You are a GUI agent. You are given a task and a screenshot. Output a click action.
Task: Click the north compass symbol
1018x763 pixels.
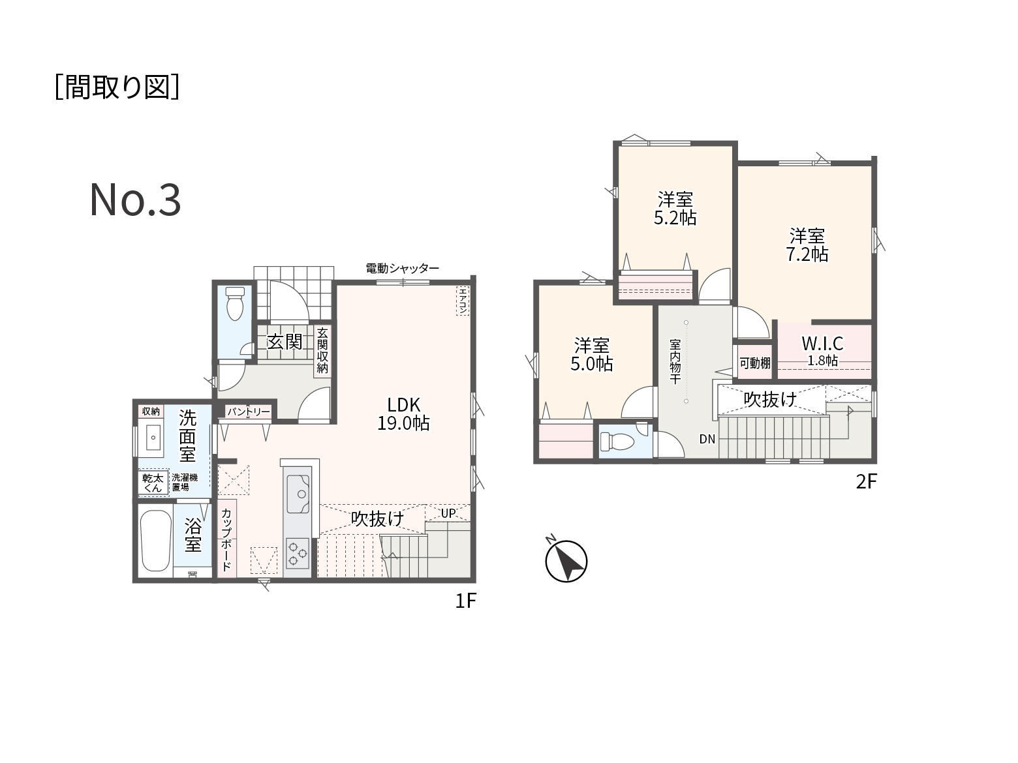pyautogui.click(x=566, y=561)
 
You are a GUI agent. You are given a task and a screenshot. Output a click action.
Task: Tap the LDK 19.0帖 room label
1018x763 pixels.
pyautogui.click(x=403, y=414)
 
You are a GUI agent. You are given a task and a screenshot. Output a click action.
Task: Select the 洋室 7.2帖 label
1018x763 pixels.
pyautogui.click(x=807, y=245)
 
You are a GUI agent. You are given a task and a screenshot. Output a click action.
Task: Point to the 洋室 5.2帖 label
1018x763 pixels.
pyautogui.click(x=675, y=209)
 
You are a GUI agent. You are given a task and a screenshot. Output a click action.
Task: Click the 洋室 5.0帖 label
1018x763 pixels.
pyautogui.click(x=592, y=355)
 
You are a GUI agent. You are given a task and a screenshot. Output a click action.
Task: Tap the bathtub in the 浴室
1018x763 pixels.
pyautogui.click(x=157, y=541)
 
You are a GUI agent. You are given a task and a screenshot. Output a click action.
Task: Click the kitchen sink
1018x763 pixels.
pyautogui.click(x=298, y=494)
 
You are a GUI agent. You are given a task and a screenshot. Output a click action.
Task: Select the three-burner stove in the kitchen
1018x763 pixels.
pyautogui.click(x=298, y=553)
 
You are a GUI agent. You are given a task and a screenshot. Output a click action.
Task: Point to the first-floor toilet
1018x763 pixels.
pyautogui.click(x=235, y=303)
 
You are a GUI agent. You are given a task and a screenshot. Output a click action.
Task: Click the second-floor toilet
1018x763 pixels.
pyautogui.click(x=617, y=441)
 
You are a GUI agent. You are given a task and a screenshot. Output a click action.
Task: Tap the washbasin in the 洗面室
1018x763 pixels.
pyautogui.click(x=153, y=438)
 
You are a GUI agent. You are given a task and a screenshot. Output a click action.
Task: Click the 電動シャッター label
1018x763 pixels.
pyautogui.click(x=402, y=268)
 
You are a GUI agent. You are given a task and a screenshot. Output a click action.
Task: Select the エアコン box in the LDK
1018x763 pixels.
pyautogui.click(x=463, y=301)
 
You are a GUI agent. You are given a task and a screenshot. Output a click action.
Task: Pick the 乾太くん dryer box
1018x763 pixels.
pyautogui.click(x=153, y=483)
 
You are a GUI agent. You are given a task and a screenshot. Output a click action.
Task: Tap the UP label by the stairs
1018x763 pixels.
pyautogui.click(x=448, y=513)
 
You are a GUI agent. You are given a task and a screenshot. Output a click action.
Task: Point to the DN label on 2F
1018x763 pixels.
pyautogui.click(x=707, y=439)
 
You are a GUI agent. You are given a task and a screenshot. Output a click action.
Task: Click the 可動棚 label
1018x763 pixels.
pyautogui.click(x=755, y=363)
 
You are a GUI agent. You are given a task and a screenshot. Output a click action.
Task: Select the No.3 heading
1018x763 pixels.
pyautogui.click(x=135, y=200)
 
